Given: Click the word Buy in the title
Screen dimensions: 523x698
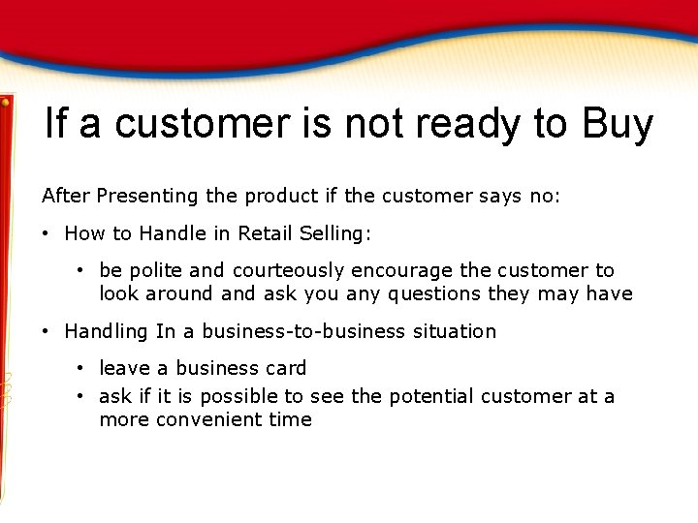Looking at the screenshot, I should pyautogui.click(x=618, y=125).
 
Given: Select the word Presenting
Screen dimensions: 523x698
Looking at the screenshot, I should pyautogui.click(x=144, y=197).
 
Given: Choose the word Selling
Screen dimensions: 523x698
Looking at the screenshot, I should pyautogui.click(x=333, y=233).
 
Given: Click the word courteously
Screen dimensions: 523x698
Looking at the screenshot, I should pyautogui.click(x=288, y=271).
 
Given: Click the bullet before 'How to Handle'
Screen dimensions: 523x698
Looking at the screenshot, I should pyautogui.click(x=47, y=233).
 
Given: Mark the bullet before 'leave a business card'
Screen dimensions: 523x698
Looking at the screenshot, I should pyautogui.click(x=81, y=369).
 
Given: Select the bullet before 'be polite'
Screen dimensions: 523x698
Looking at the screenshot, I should pyautogui.click(x=81, y=271).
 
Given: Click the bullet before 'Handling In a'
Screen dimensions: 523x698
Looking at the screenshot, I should pyautogui.click(x=47, y=332).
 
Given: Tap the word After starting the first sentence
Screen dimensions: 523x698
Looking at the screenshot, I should pyautogui.click(x=64, y=197).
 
